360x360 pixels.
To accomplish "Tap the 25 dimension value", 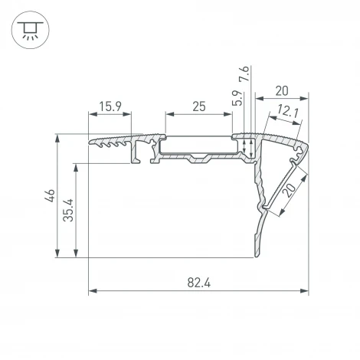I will click(x=198, y=107).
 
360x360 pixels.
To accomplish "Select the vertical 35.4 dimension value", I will click(x=68, y=209).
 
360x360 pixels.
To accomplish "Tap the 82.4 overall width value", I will click(x=198, y=283).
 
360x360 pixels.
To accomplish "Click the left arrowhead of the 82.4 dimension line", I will click(x=93, y=291).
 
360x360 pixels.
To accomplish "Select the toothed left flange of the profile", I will click(x=112, y=142).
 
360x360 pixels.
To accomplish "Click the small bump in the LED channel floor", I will click(x=201, y=161).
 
